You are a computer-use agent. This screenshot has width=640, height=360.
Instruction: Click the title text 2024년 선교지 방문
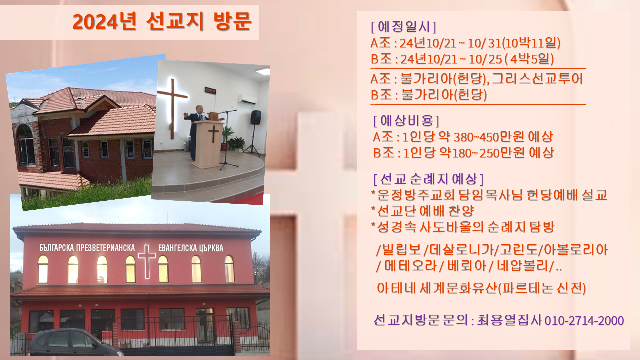(x=162, y=21)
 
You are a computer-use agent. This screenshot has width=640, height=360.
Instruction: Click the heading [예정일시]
(x=403, y=27)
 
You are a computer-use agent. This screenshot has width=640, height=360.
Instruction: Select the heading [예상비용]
(x=406, y=121)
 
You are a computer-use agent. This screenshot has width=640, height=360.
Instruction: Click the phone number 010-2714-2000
(x=584, y=321)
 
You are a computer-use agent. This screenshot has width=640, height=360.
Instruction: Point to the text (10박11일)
(x=531, y=43)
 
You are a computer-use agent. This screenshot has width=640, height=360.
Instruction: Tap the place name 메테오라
(x=411, y=266)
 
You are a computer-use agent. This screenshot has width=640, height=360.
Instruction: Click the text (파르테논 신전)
(x=542, y=288)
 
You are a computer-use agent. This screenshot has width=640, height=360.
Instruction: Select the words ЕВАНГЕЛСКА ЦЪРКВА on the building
(x=191, y=248)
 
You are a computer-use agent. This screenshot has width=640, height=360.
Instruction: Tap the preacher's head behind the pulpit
(x=199, y=109)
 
